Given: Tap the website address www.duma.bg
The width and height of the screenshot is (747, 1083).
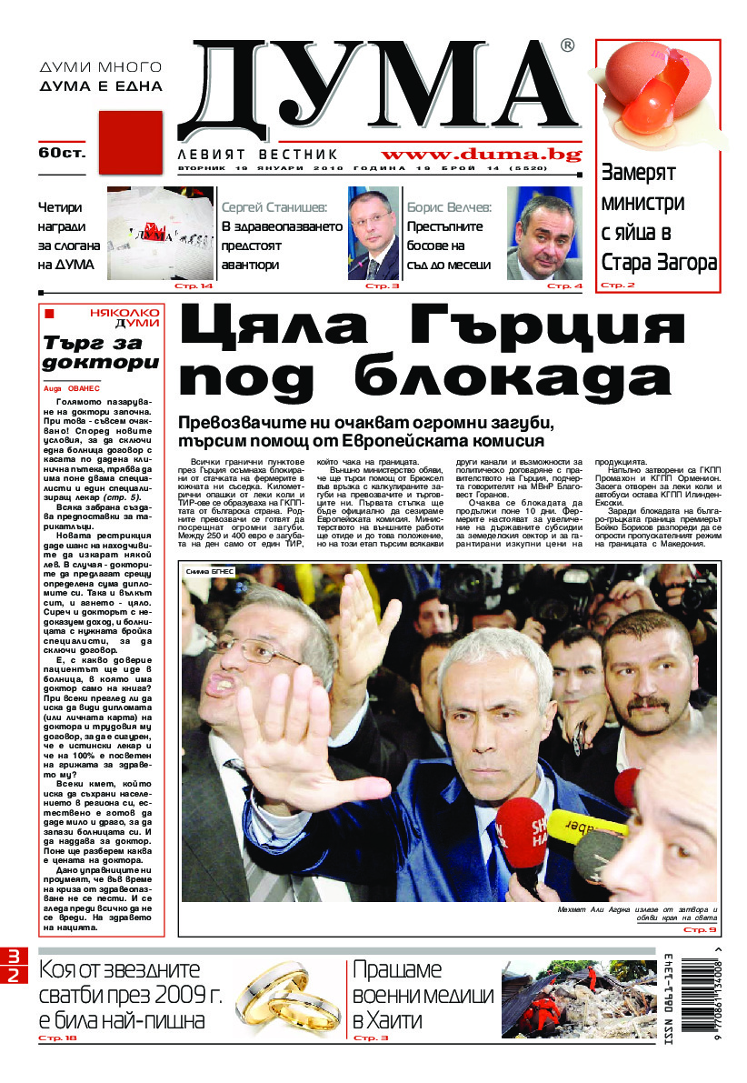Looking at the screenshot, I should pyautogui.click(x=481, y=155).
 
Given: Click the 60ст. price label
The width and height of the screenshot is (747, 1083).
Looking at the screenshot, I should pyautogui.click(x=62, y=153).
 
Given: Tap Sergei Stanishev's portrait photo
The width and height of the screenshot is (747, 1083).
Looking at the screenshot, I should pyautogui.click(x=373, y=234).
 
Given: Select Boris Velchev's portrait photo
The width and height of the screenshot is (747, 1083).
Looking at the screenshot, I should pyautogui.click(x=544, y=234).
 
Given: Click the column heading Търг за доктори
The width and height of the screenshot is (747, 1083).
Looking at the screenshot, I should pyautogui.click(x=101, y=353).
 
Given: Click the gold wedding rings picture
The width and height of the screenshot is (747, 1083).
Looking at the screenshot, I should pyautogui.click(x=287, y=1000).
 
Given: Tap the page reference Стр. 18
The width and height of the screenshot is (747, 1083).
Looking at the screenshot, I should pyautogui.click(x=57, y=1038).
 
